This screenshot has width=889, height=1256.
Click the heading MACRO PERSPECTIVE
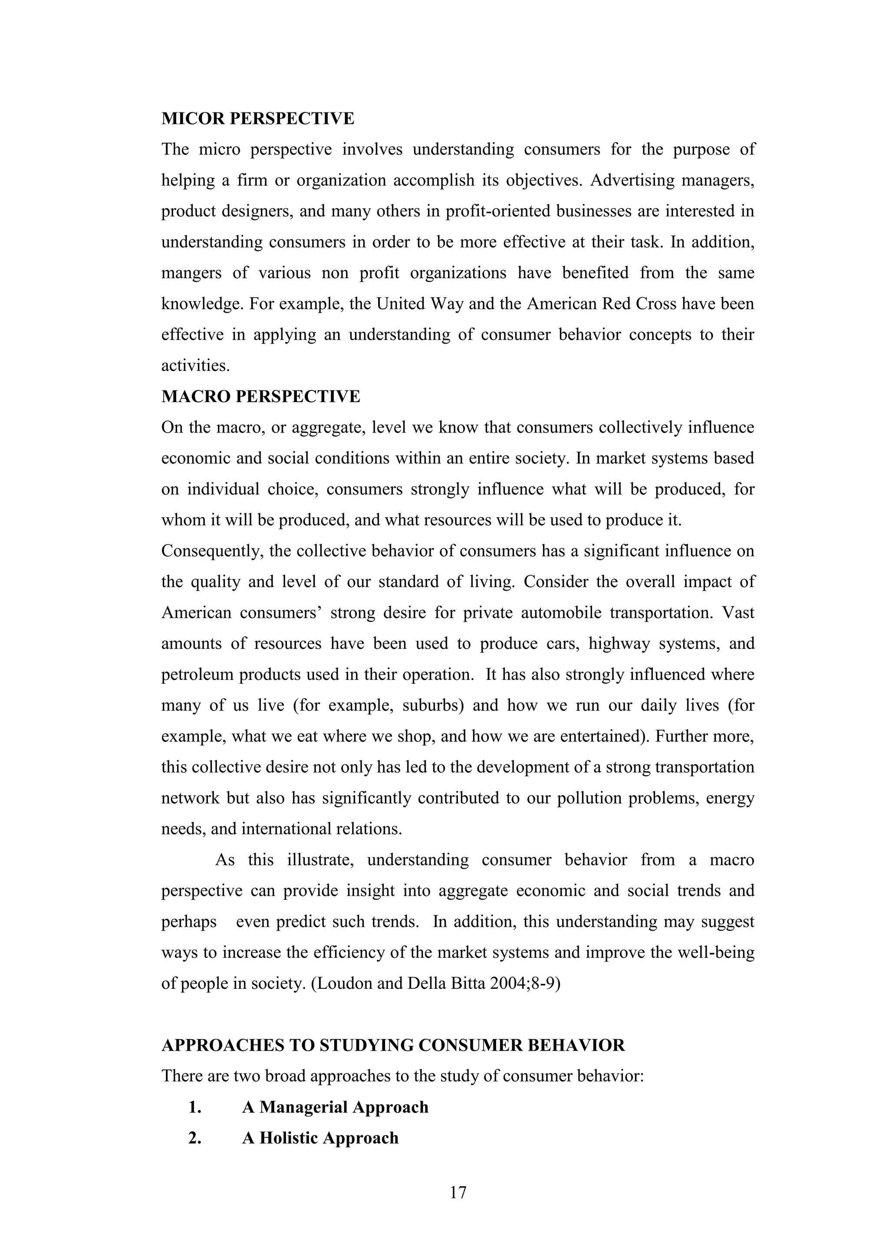pyautogui.click(x=260, y=397)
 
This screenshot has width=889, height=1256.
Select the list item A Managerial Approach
pyautogui.click(x=335, y=1107)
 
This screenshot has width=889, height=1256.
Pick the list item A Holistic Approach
pyautogui.click(x=320, y=1138)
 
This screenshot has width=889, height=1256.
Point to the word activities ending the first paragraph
pyautogui.click(x=195, y=365)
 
